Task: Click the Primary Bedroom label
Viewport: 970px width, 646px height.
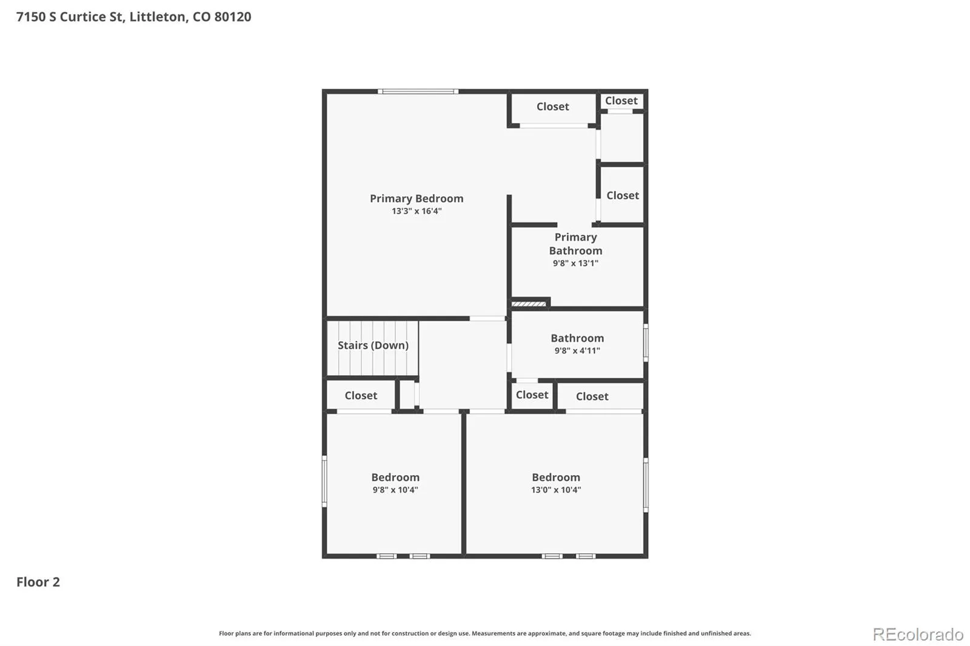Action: coord(416,198)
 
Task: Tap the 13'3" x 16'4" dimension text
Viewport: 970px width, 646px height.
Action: coord(416,211)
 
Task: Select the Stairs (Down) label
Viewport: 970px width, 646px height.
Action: coord(373,345)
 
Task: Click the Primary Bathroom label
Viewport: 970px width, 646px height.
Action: coord(575,244)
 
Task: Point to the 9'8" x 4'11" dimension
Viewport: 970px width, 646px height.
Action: coord(577,351)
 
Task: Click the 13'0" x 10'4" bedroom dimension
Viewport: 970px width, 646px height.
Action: coord(556,490)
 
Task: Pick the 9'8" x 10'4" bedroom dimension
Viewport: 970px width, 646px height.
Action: coord(395,490)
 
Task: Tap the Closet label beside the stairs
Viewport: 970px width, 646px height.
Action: coord(361,395)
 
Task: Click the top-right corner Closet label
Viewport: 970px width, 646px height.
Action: coord(621,101)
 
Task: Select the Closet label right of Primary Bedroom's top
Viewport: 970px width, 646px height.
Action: coord(552,107)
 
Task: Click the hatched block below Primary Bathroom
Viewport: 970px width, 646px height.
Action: coord(529,304)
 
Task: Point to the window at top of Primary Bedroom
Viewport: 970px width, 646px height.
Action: coord(418,92)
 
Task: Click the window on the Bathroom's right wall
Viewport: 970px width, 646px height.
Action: coord(646,342)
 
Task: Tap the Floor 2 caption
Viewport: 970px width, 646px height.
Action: coord(38,582)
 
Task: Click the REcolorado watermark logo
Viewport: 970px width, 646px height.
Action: coord(918,634)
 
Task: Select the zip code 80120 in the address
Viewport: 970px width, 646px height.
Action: coord(233,16)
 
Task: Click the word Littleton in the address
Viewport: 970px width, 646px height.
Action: coord(158,16)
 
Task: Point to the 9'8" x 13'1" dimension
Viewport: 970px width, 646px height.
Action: coord(575,263)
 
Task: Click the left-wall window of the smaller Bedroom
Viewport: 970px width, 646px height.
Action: coord(324,481)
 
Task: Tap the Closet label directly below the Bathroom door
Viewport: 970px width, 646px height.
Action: coord(532,395)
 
